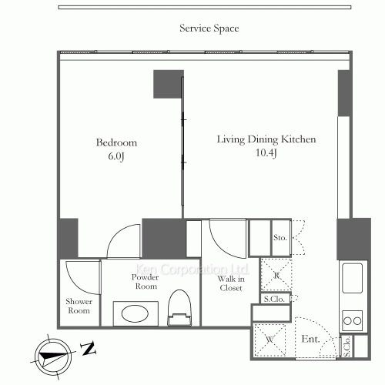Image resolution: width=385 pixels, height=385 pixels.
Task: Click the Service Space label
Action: point(209,28)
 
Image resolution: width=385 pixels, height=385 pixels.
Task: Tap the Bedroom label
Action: point(116,142)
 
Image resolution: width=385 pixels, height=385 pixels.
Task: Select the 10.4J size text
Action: point(266,153)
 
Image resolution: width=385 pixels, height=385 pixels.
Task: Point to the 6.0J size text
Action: point(116,156)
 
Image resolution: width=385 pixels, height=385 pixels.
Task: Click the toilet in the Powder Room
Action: point(179,308)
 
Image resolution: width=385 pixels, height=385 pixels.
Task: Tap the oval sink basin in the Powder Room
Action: point(135,313)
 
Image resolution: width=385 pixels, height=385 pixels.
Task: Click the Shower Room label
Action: point(79,306)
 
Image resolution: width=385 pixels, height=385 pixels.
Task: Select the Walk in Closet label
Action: point(231,283)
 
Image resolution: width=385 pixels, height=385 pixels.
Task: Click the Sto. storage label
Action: point(280,238)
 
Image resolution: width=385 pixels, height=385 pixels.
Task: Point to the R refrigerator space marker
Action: point(276,275)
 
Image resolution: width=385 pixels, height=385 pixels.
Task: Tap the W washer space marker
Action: point(269,340)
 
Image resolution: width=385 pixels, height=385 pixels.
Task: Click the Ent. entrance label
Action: point(311,339)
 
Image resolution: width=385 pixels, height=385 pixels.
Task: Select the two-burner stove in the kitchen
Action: point(353,320)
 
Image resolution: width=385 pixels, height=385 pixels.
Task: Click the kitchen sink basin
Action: point(353,278)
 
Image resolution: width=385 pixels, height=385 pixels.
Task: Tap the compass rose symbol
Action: point(53,357)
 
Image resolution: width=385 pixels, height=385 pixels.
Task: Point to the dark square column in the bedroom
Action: point(169,84)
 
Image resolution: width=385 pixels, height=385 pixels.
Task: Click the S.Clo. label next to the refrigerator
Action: point(274,299)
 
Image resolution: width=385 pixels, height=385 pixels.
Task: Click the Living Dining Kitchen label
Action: point(266,139)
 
